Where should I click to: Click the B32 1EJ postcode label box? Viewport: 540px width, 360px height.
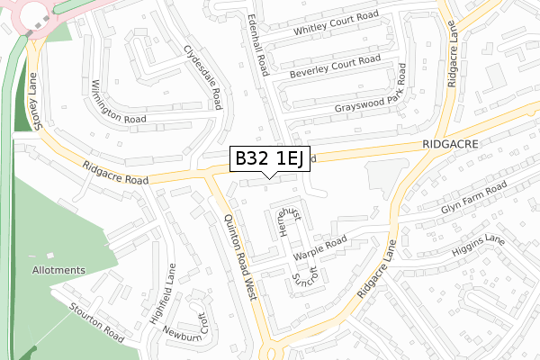(271, 159)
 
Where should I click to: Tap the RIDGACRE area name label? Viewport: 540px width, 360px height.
(449, 143)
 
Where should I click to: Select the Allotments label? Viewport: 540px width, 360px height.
(58, 270)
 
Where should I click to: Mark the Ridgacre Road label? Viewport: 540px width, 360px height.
(114, 174)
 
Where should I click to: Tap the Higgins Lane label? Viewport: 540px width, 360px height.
(479, 247)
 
